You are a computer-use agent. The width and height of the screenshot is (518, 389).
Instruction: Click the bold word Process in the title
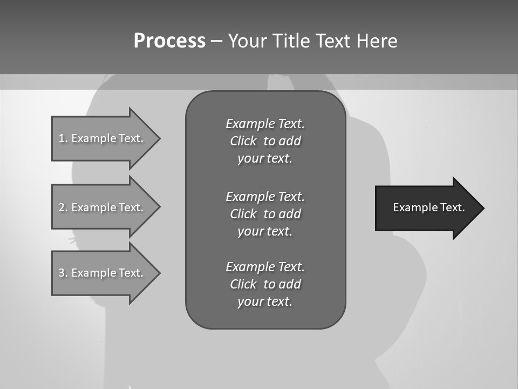click(169, 41)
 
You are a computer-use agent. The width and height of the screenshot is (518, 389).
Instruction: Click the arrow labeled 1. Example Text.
click(103, 138)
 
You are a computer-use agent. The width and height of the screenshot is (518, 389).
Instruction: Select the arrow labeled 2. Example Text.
click(103, 207)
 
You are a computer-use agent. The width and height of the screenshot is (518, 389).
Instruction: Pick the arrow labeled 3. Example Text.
click(103, 273)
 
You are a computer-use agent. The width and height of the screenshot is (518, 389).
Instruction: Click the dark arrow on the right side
click(426, 207)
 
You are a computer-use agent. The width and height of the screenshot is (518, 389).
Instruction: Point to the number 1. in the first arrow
click(63, 138)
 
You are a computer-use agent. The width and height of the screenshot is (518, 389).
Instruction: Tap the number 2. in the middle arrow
click(63, 207)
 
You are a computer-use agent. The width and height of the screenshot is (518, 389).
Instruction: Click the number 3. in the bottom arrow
click(63, 273)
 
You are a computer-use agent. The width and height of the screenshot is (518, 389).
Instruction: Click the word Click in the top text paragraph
click(243, 141)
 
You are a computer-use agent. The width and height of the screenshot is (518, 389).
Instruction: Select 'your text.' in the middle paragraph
click(265, 231)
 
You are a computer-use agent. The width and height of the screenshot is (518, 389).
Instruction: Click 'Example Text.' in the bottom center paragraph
click(265, 267)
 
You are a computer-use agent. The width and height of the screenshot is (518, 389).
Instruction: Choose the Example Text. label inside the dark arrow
click(429, 207)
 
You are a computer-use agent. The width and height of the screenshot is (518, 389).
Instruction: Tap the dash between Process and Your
click(216, 41)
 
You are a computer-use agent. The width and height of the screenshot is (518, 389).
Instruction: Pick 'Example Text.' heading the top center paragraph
click(265, 124)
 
